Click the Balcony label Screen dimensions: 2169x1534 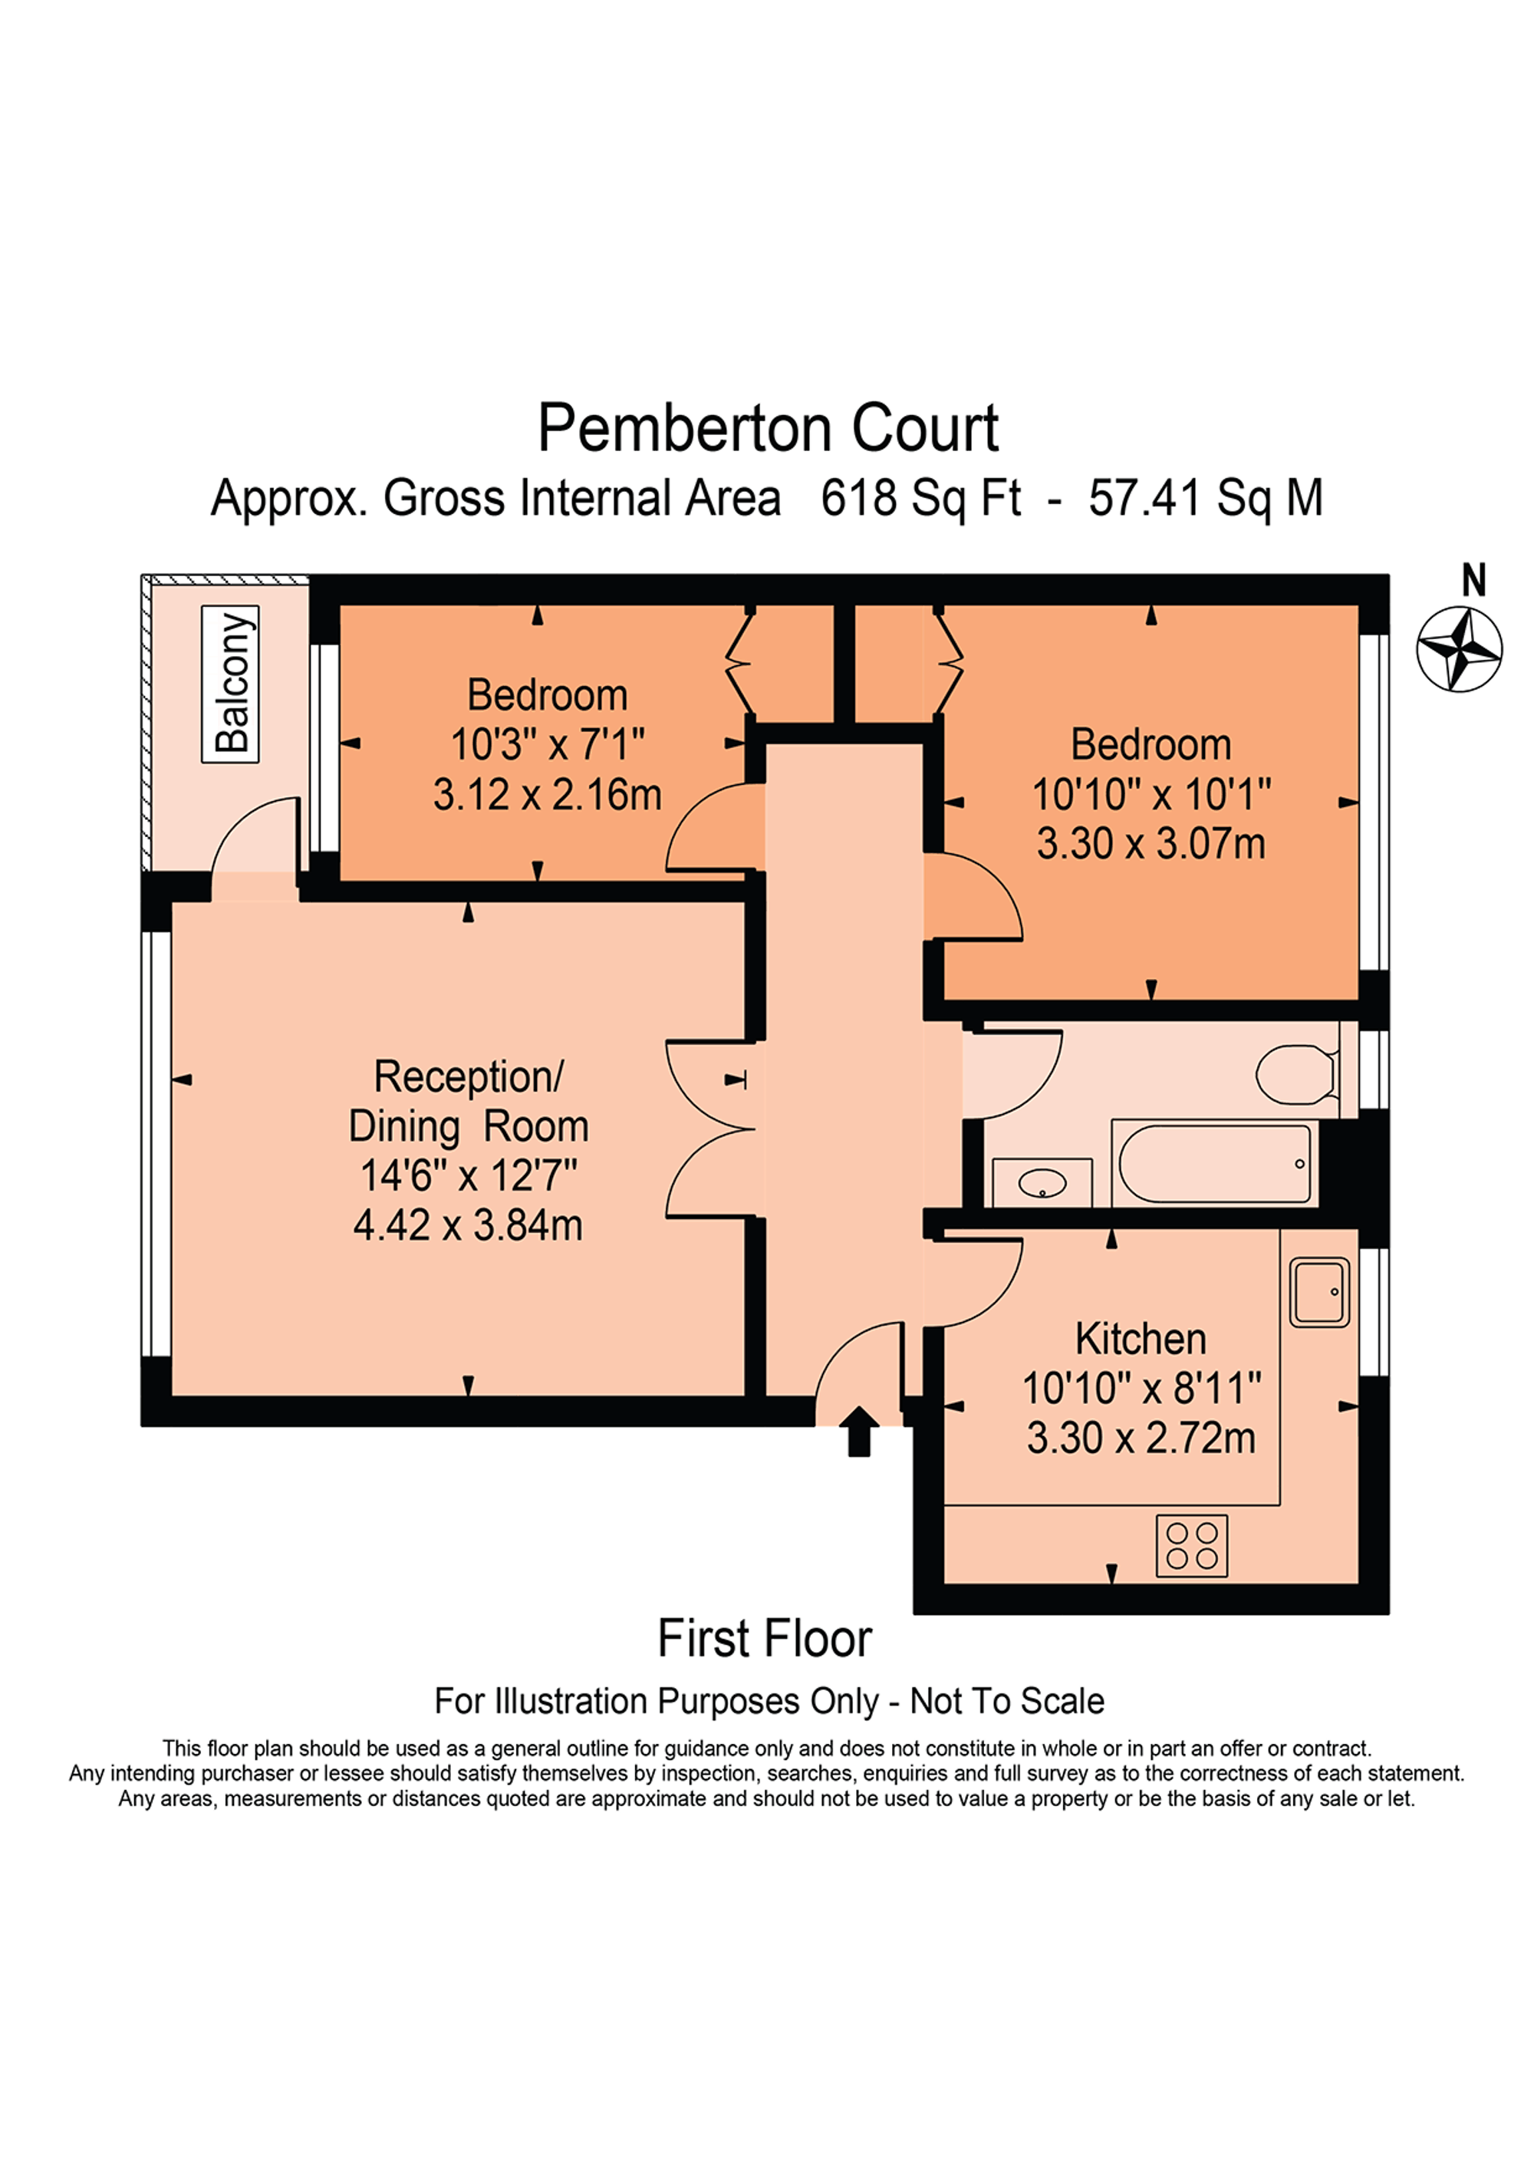(230, 684)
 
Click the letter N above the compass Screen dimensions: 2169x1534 (1473, 580)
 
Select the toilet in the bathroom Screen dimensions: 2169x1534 (1296, 1074)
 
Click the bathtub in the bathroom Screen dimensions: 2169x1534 (1215, 1163)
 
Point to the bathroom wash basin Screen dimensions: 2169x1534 (1042, 1182)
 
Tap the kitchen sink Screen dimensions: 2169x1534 (1318, 1291)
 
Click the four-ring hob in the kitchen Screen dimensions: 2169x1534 (1191, 1545)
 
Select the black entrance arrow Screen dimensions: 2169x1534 (858, 1430)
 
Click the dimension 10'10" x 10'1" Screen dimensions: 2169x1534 (1150, 794)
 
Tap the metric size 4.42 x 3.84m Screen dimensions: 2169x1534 (468, 1225)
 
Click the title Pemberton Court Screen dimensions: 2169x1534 (767, 429)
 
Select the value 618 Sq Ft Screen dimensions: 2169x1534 (920, 498)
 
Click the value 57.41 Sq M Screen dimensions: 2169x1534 (1204, 498)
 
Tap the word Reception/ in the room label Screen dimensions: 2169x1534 (469, 1076)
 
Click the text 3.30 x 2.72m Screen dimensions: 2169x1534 (1141, 1438)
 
